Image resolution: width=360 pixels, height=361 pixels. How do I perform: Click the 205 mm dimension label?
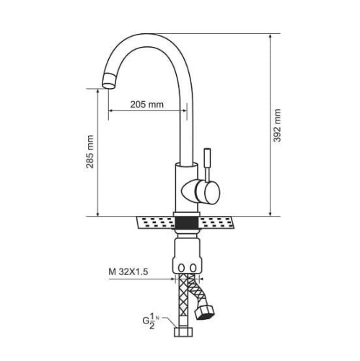pyautogui.click(x=146, y=105)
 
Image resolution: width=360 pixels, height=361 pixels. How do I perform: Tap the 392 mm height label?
pyautogui.click(x=277, y=126)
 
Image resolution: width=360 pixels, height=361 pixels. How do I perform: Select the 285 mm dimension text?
pyautogui.click(x=90, y=152)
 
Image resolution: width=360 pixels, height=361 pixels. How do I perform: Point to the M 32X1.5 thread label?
pyautogui.click(x=128, y=272)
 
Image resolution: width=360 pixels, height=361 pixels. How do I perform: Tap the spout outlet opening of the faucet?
pyautogui.click(x=108, y=86)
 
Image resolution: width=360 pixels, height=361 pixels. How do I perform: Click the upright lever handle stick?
pyautogui.click(x=207, y=165)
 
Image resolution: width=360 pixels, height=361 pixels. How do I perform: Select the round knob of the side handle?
pyautogui.click(x=208, y=193)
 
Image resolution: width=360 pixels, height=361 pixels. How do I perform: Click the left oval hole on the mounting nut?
pyautogui.click(x=182, y=268)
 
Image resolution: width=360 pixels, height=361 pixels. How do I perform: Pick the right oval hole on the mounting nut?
pyautogui.click(x=193, y=268)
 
